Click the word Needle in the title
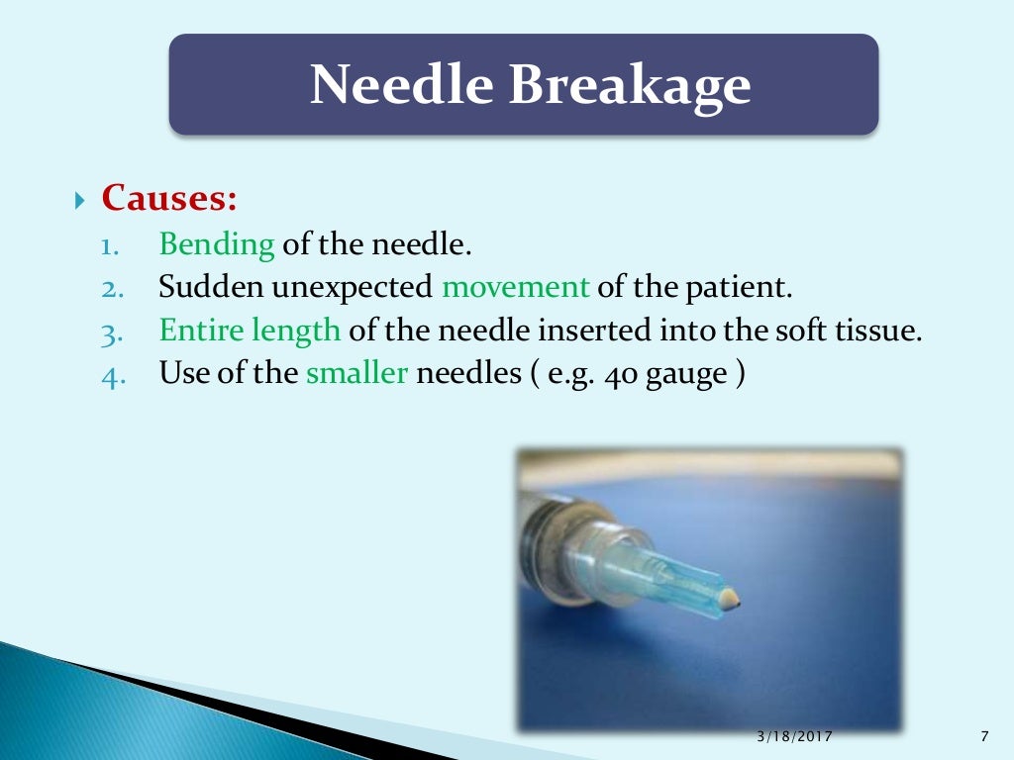click(402, 85)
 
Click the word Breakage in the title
click(630, 85)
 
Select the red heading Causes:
click(169, 198)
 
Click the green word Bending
click(217, 243)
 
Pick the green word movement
click(515, 287)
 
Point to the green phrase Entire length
click(250, 331)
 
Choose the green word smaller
click(357, 374)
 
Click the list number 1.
click(109, 244)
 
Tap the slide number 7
click(983, 737)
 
